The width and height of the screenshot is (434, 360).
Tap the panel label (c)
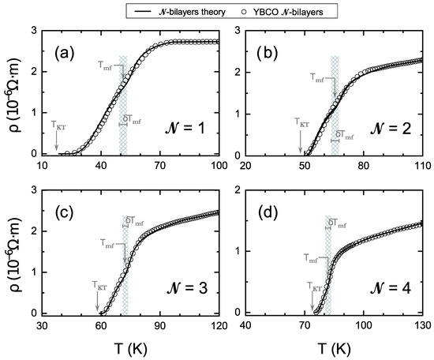[x=65, y=212]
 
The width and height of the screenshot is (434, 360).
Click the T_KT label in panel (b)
[x=303, y=122]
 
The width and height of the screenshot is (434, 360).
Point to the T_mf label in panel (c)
[x=111, y=244]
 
